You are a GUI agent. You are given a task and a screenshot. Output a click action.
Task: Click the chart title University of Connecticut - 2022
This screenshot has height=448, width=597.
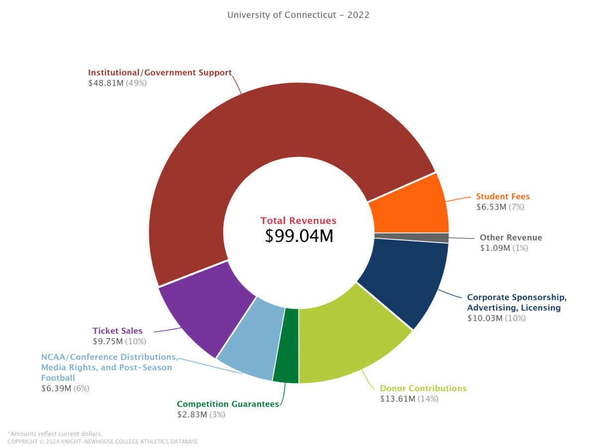(x=298, y=15)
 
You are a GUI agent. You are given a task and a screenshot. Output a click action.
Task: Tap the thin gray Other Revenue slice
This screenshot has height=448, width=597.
(x=412, y=238)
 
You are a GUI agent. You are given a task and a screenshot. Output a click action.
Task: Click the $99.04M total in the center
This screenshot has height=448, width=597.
(x=298, y=235)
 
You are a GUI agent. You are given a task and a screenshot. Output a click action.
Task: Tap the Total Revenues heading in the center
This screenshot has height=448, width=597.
(x=298, y=221)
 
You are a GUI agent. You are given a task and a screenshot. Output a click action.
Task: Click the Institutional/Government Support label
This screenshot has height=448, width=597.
(x=160, y=73)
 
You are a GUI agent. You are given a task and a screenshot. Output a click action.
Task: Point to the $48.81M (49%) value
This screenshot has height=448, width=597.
(x=117, y=83)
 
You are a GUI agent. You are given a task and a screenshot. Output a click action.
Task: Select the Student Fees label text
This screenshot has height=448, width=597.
(x=502, y=197)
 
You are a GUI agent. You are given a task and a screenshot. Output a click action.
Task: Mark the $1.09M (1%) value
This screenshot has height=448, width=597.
(x=504, y=248)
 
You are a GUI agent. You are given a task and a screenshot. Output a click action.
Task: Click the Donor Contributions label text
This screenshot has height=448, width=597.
(x=423, y=388)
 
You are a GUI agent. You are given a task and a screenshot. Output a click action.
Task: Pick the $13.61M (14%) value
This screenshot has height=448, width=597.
(x=409, y=399)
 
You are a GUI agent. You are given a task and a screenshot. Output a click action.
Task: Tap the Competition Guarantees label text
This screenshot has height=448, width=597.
(x=228, y=404)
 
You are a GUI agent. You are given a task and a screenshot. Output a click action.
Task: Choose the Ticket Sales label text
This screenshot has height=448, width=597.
(x=117, y=331)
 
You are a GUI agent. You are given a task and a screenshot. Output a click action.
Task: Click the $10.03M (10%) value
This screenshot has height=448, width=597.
(x=496, y=318)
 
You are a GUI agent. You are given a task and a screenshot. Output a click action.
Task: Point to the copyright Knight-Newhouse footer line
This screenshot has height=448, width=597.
(x=102, y=442)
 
